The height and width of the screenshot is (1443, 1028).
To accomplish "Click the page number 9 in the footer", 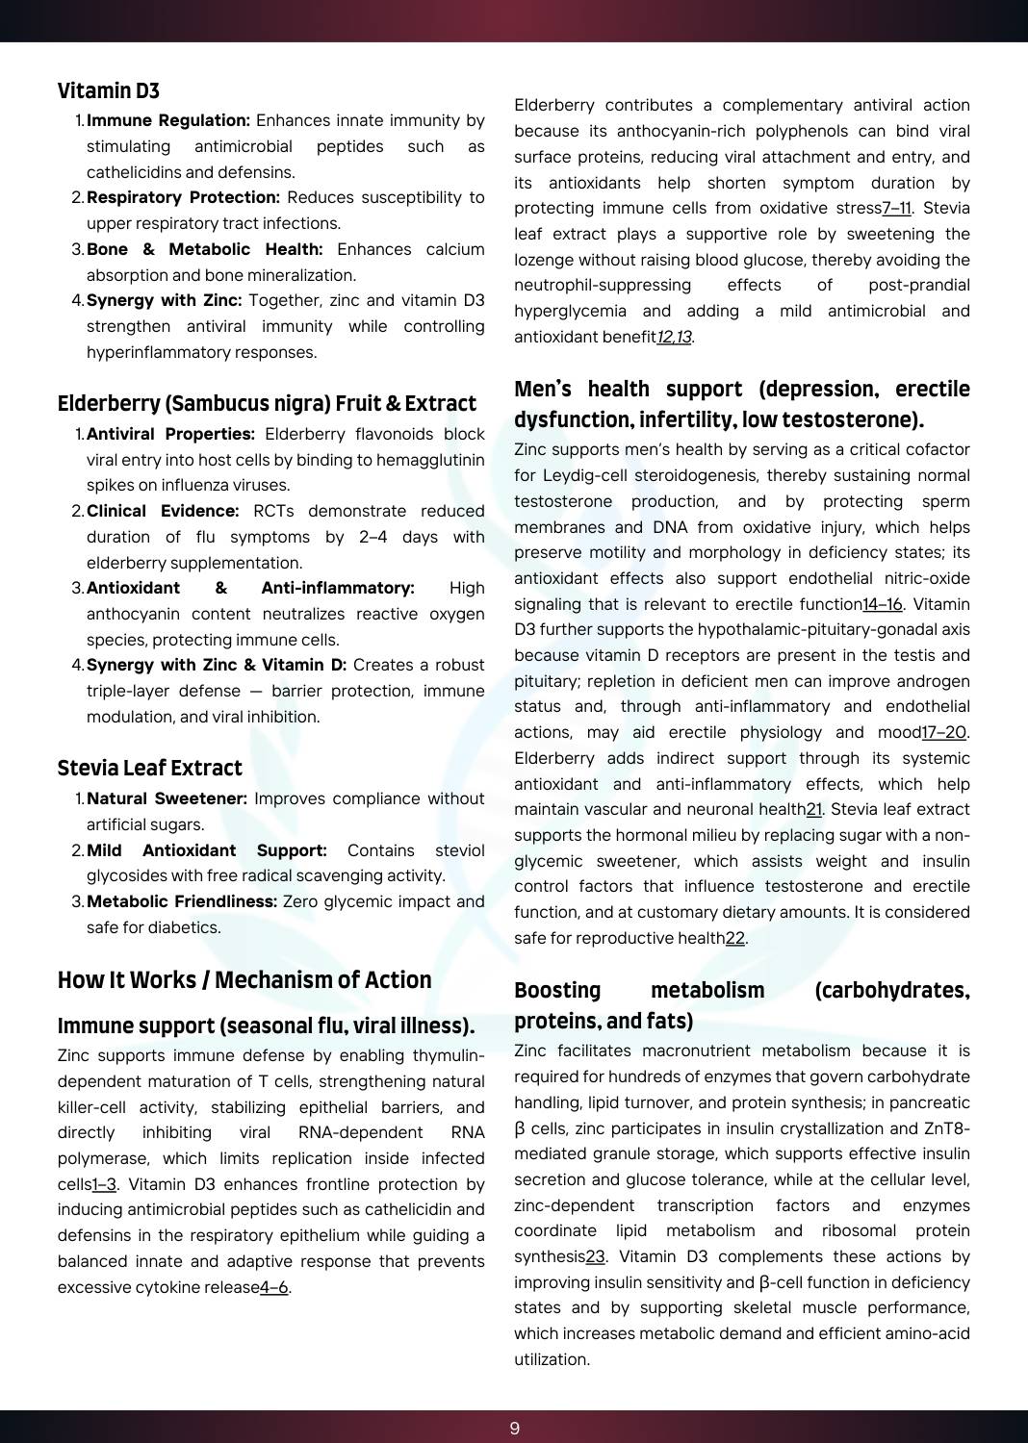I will tap(514, 1428).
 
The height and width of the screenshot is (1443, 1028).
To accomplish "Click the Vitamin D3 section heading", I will tap(109, 90).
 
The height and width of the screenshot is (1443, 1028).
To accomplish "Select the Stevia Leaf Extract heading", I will tap(149, 768).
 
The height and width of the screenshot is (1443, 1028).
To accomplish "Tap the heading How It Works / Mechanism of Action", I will tap(244, 979).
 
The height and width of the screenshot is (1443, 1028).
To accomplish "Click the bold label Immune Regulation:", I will tap(168, 120).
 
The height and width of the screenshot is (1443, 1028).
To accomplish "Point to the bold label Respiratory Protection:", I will tap(183, 197).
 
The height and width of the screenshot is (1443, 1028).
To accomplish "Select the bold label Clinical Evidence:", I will tap(163, 511).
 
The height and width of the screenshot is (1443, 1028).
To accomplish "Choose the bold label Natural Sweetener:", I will tap(167, 798).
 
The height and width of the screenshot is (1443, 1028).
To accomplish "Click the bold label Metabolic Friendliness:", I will tap(182, 901).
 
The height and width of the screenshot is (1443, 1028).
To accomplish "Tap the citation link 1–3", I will tap(104, 1184).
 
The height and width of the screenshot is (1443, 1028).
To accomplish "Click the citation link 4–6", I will tap(274, 1287).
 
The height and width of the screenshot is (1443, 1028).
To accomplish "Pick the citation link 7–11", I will tap(896, 208).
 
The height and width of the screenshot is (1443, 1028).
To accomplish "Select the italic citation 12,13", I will tap(674, 337).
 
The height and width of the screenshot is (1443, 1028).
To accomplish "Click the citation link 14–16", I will tap(882, 604).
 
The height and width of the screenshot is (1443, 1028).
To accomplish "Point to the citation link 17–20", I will tap(943, 732).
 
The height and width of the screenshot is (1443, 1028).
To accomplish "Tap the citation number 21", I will tap(814, 809).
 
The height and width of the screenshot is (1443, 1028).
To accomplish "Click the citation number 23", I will tap(596, 1256).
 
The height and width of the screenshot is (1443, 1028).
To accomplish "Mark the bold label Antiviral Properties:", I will tap(170, 434).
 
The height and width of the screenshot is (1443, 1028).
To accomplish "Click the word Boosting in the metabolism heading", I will tap(557, 990).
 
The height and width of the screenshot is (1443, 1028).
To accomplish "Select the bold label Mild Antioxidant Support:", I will tap(206, 850).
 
